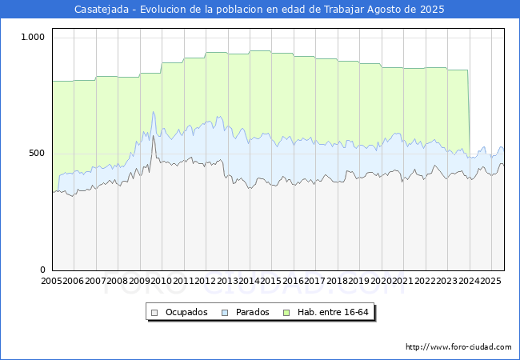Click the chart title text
coord(259,10)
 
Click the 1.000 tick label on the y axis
coord(33,37)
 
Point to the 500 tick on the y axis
coord(38,153)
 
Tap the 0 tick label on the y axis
coord(43,270)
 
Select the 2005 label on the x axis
coord(51,282)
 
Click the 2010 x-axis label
coord(161,282)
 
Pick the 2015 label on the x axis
coord(270,282)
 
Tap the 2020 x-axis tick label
coord(380,282)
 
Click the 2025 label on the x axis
coord(490,282)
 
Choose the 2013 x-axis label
coord(226,282)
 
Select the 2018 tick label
coord(336,282)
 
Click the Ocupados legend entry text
coord(186,312)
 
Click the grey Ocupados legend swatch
coord(155,312)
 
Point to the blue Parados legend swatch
coord(225,312)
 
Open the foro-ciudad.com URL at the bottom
coord(458,347)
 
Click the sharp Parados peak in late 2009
coord(153,112)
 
